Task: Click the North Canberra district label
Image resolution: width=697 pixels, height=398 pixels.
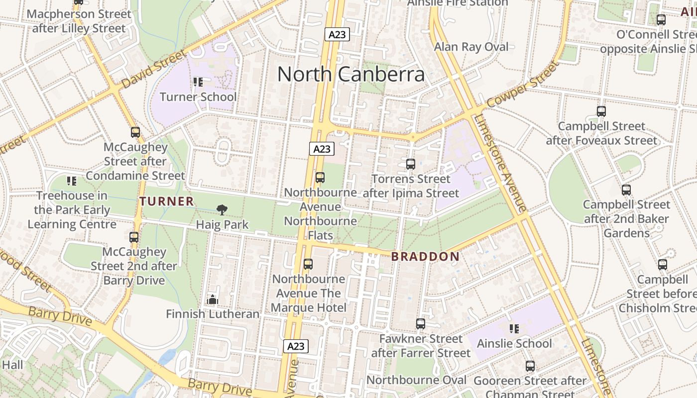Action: pos(351,74)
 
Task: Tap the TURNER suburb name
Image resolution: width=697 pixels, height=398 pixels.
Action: pos(167,201)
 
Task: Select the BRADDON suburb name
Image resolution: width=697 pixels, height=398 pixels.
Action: pos(425,257)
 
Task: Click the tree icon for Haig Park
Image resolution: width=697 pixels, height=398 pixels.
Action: pos(222,210)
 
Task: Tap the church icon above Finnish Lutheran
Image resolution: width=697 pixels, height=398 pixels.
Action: pos(213,299)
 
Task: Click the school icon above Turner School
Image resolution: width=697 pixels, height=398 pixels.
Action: pos(198,82)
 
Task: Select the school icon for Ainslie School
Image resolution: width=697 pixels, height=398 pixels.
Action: pos(514,328)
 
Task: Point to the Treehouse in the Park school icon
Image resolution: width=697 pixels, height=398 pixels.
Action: pos(72,181)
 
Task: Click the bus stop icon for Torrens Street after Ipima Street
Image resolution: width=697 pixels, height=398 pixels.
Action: pos(411,164)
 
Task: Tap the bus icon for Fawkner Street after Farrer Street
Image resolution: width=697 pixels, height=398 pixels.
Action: pos(421,324)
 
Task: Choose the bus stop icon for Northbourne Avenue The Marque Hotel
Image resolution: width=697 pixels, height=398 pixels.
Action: pos(308,264)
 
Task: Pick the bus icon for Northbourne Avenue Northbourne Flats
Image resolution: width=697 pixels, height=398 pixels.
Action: pos(320,178)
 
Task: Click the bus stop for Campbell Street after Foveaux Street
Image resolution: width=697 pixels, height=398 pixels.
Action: pos(601,111)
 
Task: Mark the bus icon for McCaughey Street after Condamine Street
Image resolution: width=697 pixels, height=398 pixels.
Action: pos(135,132)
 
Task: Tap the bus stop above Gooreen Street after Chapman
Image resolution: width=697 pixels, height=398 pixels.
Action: pos(530,366)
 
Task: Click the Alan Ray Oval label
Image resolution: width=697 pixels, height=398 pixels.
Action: pos(471,47)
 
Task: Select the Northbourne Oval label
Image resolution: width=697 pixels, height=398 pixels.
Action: pos(416,380)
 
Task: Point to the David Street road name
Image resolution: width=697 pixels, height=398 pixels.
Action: pos(153,68)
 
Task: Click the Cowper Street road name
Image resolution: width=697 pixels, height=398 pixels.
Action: pos(522,84)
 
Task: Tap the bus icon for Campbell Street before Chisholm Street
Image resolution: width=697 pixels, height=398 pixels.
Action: pos(662,265)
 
